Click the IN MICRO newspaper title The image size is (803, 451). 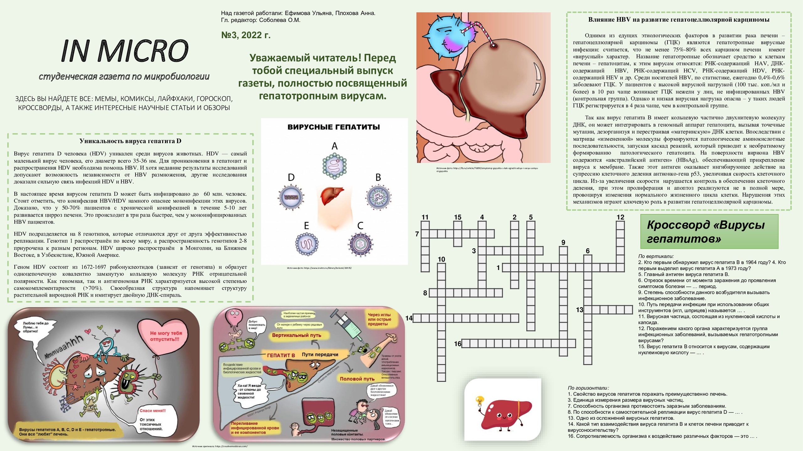pyautogui.click(x=125, y=51)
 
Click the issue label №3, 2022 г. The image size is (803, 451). pyautogui.click(x=246, y=35)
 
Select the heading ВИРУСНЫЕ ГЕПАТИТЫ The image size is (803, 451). pyautogui.click(x=333, y=127)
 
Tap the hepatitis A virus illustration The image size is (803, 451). pyautogui.click(x=334, y=166)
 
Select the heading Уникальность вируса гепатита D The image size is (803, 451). pyautogui.click(x=130, y=141)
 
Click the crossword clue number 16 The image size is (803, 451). pyautogui.click(x=458, y=344)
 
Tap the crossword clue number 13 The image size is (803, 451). pyautogui.click(x=579, y=310)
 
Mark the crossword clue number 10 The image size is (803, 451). pyautogui.click(x=441, y=259)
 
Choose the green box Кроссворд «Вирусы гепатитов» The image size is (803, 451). pyautogui.click(x=709, y=232)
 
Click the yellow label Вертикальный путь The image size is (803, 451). pyautogui.click(x=296, y=335)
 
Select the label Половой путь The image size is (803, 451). pyautogui.click(x=357, y=379)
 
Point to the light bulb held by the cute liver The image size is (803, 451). pyautogui.click(x=479, y=401)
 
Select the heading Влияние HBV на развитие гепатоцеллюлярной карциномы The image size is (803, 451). pyautogui.click(x=678, y=20)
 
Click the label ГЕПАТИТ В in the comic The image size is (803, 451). pyautogui.click(x=281, y=355)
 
